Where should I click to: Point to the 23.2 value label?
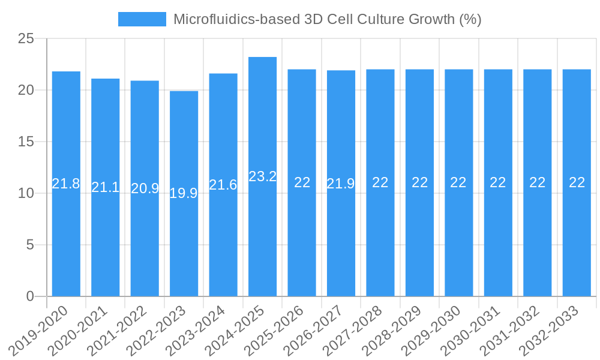tap(263, 176)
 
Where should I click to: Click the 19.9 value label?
tap(184, 193)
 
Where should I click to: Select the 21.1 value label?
tap(106, 187)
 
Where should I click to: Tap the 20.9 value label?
tap(145, 188)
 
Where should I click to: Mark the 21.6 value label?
tap(223, 185)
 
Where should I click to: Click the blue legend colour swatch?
tap(142, 19)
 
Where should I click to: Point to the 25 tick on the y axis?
tap(26, 39)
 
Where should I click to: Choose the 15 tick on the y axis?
tap(26, 142)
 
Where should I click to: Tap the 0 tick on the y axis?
tap(31, 296)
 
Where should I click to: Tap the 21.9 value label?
tap(341, 184)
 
